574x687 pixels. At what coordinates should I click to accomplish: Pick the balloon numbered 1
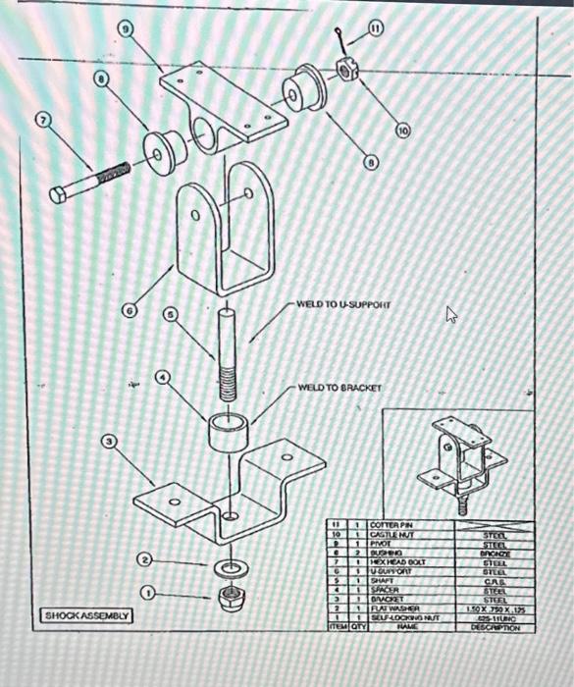(x=147, y=594)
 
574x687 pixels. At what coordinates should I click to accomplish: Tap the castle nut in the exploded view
(x=345, y=70)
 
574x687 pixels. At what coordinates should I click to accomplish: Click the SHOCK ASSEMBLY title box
(x=86, y=615)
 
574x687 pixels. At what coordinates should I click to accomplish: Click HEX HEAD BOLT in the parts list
(x=394, y=562)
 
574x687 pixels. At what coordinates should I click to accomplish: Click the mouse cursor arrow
(x=451, y=314)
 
